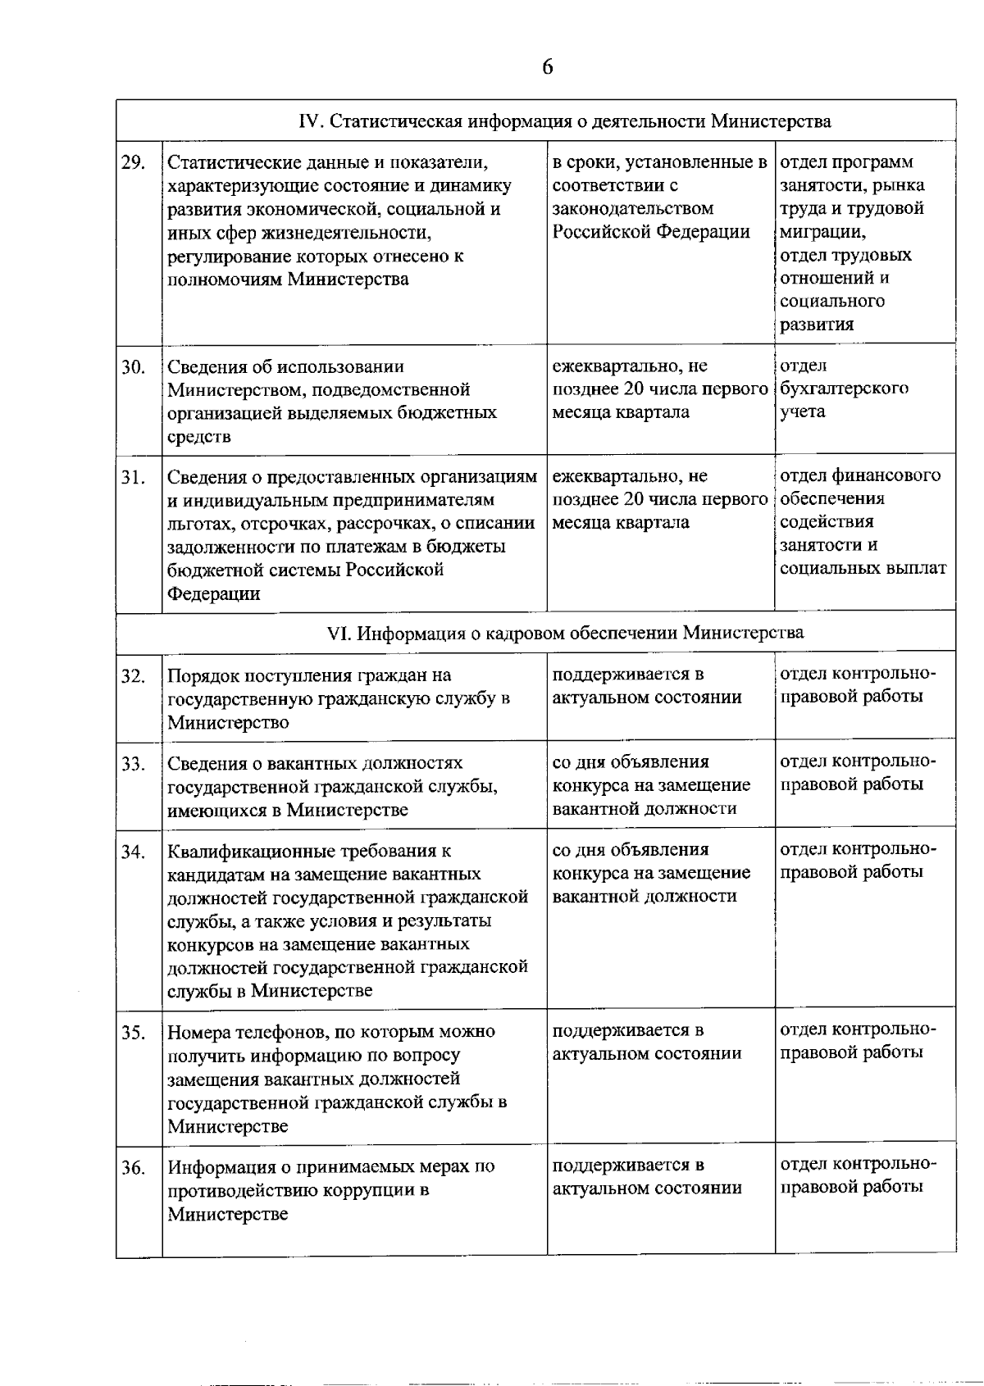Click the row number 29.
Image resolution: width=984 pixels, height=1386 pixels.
point(133,162)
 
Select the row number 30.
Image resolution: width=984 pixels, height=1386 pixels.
point(133,367)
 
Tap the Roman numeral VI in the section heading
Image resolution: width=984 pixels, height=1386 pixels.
point(339,633)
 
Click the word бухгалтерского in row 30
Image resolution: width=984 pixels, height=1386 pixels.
point(844,389)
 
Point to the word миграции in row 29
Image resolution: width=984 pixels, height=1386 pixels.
point(821,232)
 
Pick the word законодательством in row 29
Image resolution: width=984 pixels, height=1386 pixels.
point(632,209)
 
